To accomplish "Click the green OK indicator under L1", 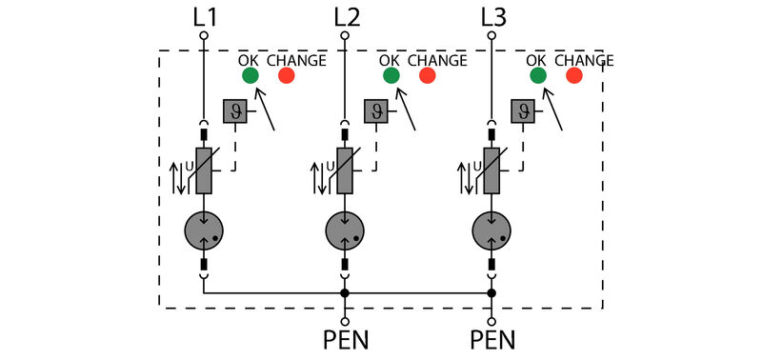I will (250, 76).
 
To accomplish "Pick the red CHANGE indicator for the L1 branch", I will (285, 76).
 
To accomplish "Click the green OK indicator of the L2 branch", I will (391, 76).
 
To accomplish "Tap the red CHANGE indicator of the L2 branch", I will (427, 76).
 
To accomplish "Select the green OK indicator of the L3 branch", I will (538, 76).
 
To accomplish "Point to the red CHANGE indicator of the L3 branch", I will (573, 76).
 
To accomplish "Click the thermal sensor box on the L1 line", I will (233, 111).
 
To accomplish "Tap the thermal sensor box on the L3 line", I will (523, 111).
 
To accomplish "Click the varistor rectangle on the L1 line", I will (204, 171).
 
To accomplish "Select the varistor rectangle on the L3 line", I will (492, 171).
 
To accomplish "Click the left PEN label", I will (345, 339).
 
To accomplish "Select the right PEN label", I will (492, 339).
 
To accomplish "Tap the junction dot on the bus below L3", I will (492, 292).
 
